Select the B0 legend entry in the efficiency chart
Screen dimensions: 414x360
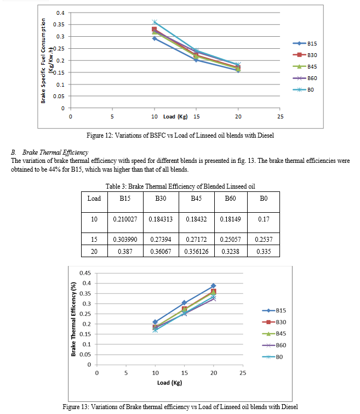pos(279,357)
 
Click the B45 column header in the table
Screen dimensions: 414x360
pos(196,199)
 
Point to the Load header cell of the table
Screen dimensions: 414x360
pos(94,199)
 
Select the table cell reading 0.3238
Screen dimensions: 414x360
pos(230,251)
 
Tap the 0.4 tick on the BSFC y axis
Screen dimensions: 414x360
pos(60,13)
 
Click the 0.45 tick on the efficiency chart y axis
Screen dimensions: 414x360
pos(85,273)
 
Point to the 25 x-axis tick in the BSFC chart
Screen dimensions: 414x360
pos(280,117)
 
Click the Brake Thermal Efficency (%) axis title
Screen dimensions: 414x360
pos(73,319)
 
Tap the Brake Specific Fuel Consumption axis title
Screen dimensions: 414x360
pos(45,60)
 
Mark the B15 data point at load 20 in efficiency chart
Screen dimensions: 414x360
pos(213,286)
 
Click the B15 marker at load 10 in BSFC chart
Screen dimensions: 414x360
pos(154,38)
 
